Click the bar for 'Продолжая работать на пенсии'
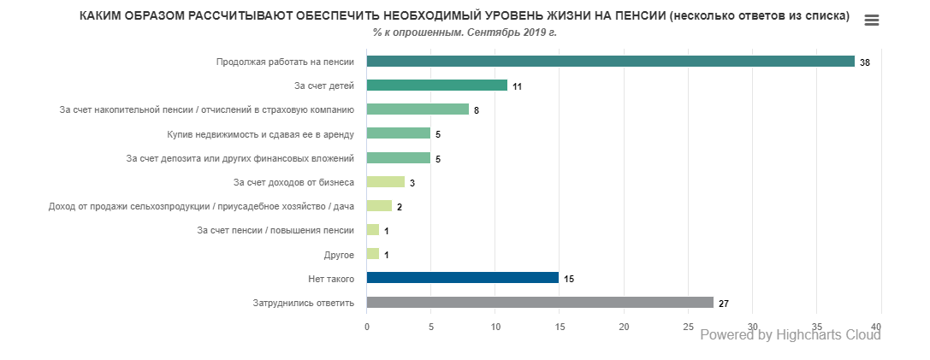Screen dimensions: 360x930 point(610,61)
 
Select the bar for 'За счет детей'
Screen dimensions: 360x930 point(436,86)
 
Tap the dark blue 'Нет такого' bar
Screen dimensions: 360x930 point(462,278)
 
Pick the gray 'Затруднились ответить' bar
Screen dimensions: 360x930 point(539,302)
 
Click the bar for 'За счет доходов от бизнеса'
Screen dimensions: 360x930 point(385,181)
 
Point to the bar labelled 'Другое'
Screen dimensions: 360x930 point(372,254)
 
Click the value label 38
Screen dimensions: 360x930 point(865,63)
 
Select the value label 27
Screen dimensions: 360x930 point(724,304)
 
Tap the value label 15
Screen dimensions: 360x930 point(569,280)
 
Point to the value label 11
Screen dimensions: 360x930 point(518,87)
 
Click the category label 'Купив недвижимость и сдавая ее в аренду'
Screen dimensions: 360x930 point(261,134)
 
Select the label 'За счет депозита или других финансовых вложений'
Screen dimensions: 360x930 point(240,158)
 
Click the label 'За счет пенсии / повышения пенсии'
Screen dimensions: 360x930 point(275,230)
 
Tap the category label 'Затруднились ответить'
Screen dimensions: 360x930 point(303,303)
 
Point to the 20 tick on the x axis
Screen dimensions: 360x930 point(624,328)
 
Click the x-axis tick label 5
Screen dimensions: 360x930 point(431,328)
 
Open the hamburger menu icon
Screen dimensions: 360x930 point(872,21)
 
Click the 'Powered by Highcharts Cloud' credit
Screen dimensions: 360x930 point(791,335)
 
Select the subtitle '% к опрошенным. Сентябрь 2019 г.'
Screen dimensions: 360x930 point(465,32)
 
